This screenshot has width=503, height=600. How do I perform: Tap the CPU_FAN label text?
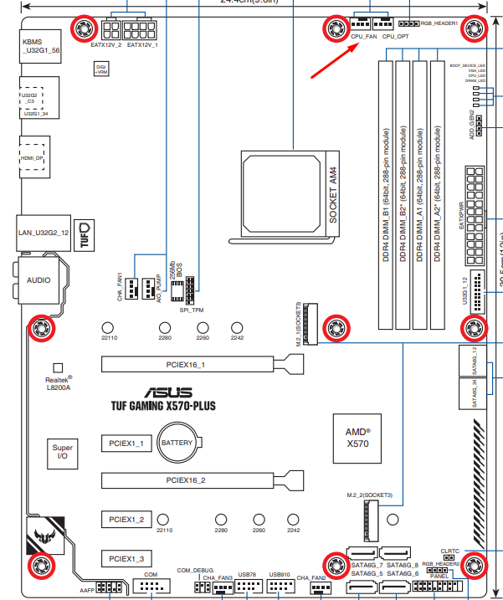coord(364,38)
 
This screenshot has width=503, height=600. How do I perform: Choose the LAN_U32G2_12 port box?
coord(43,232)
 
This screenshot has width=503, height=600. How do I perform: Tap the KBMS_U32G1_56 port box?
coord(39,44)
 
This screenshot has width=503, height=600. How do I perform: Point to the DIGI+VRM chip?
coord(101,69)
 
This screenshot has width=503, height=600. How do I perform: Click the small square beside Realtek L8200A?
coord(58,367)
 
